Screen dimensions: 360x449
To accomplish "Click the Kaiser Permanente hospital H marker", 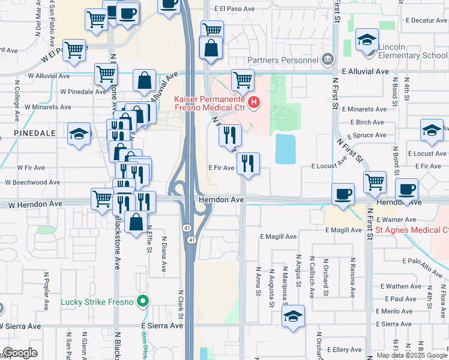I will (x=254, y=103).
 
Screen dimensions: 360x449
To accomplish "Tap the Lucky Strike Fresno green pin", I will (x=142, y=301).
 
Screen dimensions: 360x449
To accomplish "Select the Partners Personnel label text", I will (x=283, y=60).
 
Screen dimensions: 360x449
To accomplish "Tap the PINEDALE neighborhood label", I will (x=31, y=133).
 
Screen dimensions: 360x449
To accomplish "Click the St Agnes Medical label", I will (x=412, y=230).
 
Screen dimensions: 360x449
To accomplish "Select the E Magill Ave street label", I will (x=279, y=236).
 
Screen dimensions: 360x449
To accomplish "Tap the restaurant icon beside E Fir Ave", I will (x=248, y=163).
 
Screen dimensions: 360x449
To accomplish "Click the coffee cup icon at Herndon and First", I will (x=343, y=194).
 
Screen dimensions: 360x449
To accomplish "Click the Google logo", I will (x=19, y=353).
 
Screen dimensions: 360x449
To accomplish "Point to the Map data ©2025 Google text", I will (x=412, y=355).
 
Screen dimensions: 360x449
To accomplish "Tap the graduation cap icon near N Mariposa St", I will (x=293, y=316).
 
